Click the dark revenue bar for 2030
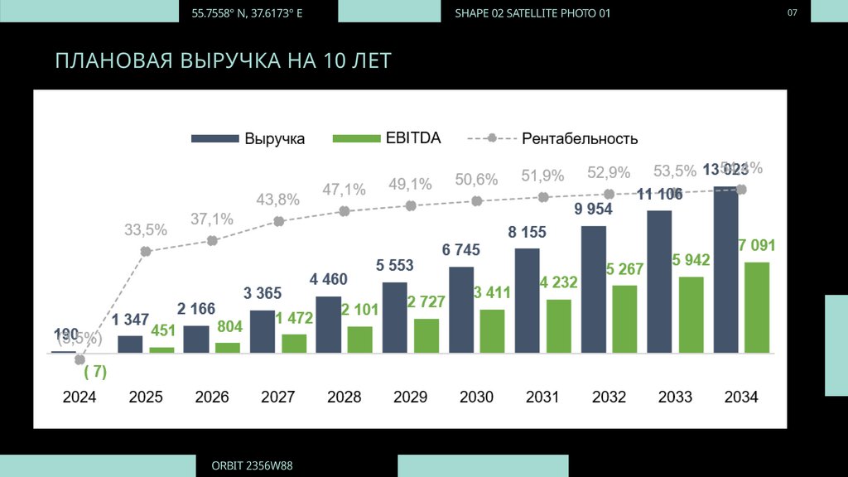(461, 310)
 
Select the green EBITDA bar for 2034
(757, 307)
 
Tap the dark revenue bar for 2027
(263, 331)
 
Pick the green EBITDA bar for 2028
(360, 340)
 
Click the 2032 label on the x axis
(609, 397)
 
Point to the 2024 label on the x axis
(79, 397)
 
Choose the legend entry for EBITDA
(386, 138)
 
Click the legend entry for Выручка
(248, 138)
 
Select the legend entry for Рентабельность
(552, 138)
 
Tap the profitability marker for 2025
(146, 251)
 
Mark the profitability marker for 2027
(279, 221)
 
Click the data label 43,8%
(277, 200)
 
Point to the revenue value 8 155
(527, 233)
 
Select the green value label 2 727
(426, 302)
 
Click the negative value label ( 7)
(95, 372)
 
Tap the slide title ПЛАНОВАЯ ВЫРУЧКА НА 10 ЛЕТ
(223, 61)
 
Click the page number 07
(793, 12)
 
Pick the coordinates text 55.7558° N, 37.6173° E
(247, 13)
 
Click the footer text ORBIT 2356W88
(252, 466)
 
